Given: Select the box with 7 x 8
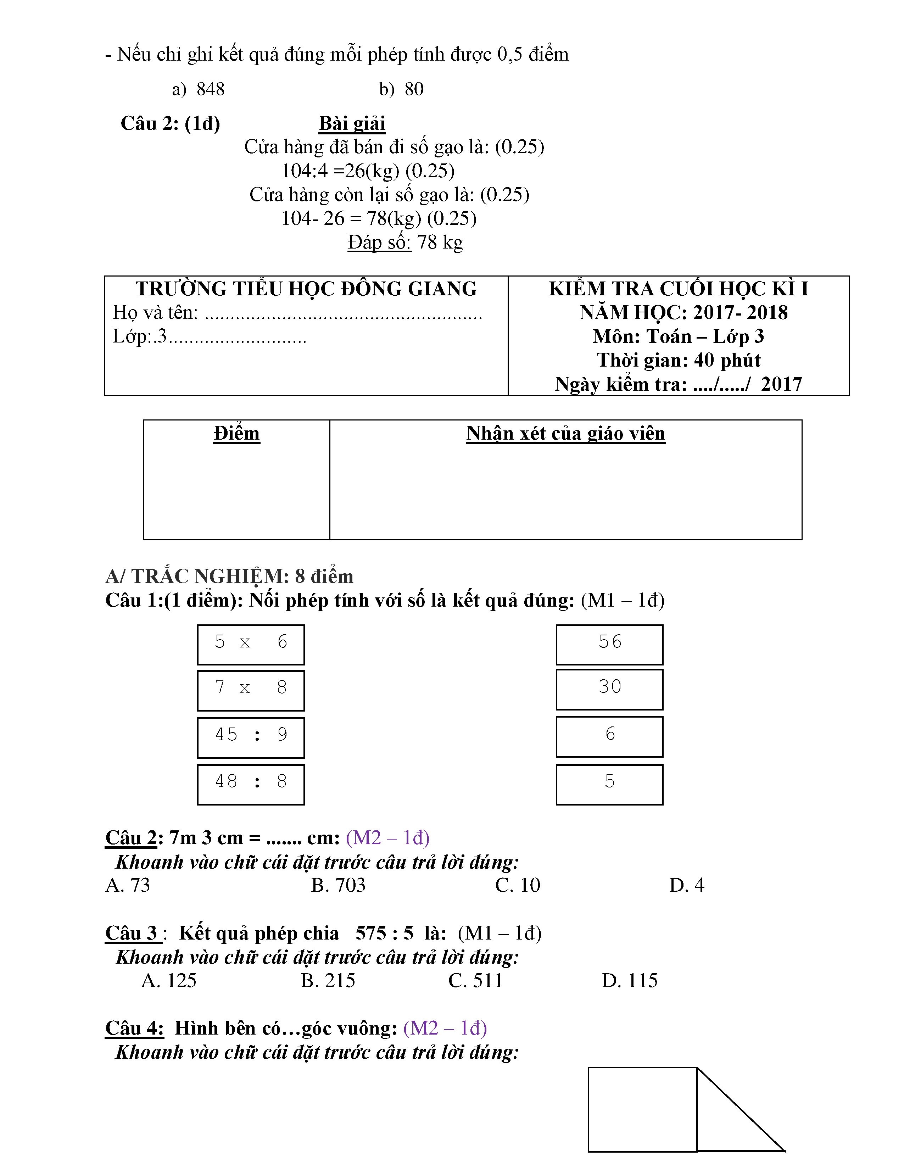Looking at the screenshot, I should pyautogui.click(x=251, y=690).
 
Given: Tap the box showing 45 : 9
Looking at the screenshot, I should pyautogui.click(x=251, y=737).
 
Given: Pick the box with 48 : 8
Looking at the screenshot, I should pyautogui.click(x=251, y=784).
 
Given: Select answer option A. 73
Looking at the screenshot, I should pyautogui.click(x=128, y=885).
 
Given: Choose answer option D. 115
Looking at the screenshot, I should pyautogui.click(x=629, y=980).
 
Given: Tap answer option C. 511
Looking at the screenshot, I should pyautogui.click(x=475, y=980).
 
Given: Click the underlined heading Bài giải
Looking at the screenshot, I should pyautogui.click(x=352, y=124).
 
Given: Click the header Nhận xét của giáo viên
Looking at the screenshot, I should pyautogui.click(x=565, y=433).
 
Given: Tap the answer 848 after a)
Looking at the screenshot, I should pyautogui.click(x=211, y=89).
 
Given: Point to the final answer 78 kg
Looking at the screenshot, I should pyautogui.click(x=440, y=242).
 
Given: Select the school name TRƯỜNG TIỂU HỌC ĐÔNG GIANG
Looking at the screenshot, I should pyautogui.click(x=306, y=289).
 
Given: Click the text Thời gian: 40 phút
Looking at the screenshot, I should pyautogui.click(x=679, y=360).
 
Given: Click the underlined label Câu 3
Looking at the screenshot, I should pyautogui.click(x=132, y=933).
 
